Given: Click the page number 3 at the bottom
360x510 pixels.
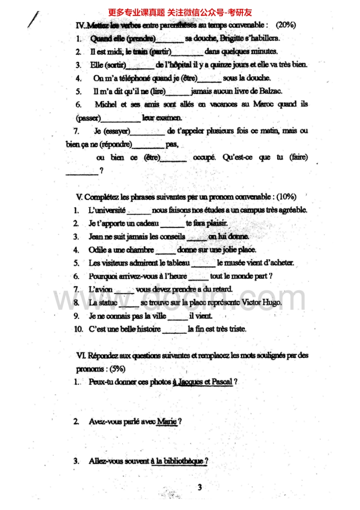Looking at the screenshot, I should click(200, 488).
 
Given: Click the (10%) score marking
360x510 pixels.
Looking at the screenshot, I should click(286, 197).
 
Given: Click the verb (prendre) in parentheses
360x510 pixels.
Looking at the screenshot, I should click(141, 38).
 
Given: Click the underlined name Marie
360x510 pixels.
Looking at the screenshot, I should click(166, 422).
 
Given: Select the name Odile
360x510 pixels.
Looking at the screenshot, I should click(97, 250).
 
